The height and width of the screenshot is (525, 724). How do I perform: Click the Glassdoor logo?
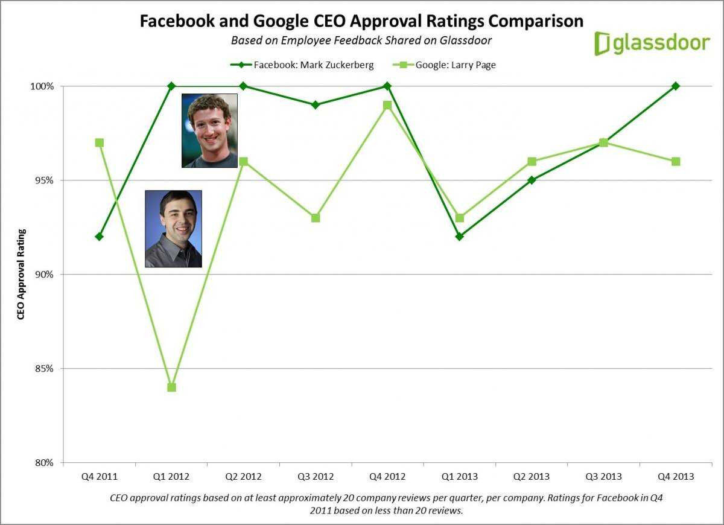point(652,43)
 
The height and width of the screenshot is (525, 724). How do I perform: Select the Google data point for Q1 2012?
point(171,387)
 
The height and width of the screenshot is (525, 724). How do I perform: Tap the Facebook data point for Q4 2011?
point(99,237)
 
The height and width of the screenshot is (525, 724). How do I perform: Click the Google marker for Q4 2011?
point(99,142)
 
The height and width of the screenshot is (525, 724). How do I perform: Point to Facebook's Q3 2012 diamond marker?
point(315,105)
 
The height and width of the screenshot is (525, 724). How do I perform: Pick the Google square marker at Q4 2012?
point(387,105)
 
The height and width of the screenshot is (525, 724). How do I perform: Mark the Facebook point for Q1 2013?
point(459,237)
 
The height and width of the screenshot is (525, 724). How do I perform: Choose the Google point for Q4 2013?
point(676,161)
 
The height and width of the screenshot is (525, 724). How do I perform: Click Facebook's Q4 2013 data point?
point(676,86)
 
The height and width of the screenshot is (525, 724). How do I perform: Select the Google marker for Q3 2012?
point(315,217)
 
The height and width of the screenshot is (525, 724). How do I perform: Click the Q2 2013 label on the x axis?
point(531,477)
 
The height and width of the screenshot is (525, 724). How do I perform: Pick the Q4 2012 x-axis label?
point(387,477)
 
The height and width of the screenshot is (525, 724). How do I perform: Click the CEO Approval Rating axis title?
point(21,274)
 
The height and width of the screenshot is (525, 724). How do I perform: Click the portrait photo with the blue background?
point(173,229)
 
